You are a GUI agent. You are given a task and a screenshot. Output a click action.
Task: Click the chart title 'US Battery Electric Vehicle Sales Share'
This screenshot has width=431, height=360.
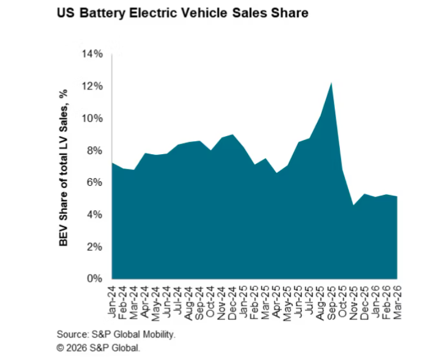click(x=182, y=13)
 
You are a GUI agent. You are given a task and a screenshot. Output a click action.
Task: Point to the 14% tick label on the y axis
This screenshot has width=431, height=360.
click(x=92, y=54)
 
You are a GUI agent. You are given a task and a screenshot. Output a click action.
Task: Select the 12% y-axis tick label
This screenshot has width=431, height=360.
click(x=92, y=86)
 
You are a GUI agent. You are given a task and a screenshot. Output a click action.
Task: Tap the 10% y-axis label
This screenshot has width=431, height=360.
click(x=92, y=118)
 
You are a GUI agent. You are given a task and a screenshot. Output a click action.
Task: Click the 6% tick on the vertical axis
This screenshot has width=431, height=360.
click(x=95, y=183)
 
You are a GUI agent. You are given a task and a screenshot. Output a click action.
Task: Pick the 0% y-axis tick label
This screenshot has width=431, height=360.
click(x=95, y=278)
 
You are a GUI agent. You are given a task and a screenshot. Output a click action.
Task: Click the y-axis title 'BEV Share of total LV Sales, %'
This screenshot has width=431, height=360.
click(x=63, y=168)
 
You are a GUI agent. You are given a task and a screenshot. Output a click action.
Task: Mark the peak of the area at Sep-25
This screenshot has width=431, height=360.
click(x=331, y=83)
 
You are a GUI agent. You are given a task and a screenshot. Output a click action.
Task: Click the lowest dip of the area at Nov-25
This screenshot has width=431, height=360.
click(x=353, y=205)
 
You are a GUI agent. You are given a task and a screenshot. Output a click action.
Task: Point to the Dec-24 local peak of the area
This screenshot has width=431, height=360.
click(x=233, y=134)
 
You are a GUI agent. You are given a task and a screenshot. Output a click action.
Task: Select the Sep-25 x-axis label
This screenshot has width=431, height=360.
click(x=332, y=303)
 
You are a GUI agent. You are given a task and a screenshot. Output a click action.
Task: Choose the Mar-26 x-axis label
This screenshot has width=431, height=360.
click(x=398, y=303)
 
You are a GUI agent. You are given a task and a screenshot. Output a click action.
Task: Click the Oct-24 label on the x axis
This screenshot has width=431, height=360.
click(x=211, y=302)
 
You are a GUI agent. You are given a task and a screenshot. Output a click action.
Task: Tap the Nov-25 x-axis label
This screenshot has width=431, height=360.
click(x=354, y=303)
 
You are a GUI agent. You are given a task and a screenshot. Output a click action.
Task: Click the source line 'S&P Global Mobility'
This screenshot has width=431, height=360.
click(x=133, y=334)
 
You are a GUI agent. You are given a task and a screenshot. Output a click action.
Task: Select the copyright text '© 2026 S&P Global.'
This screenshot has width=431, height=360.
click(x=99, y=348)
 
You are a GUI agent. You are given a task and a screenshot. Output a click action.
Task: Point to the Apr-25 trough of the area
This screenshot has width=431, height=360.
click(x=276, y=173)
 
